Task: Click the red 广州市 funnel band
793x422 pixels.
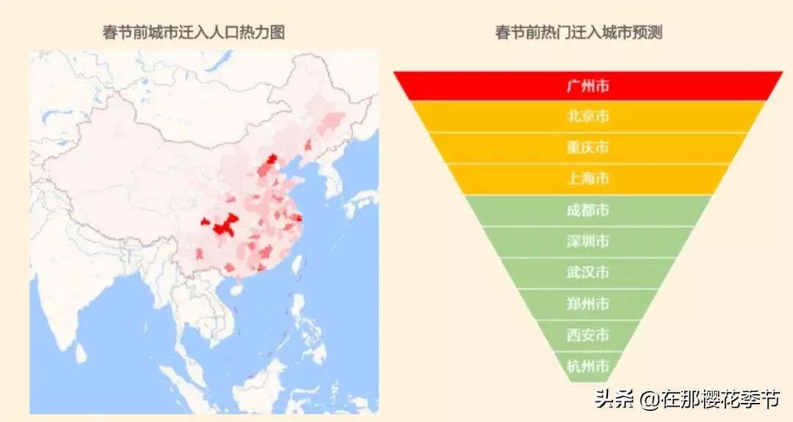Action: pos(587,86)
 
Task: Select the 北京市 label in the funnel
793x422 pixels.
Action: pos(587,117)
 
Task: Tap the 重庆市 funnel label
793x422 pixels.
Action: pos(587,148)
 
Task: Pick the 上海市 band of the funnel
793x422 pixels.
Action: pos(587,179)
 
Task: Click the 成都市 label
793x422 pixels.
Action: pos(587,211)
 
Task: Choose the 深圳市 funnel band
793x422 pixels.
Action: pos(587,241)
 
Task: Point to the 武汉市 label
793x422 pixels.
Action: pos(587,273)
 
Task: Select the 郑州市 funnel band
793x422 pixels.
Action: pos(587,304)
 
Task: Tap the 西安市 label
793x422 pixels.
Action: pos(587,335)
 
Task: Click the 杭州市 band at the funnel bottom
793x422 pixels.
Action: pos(587,365)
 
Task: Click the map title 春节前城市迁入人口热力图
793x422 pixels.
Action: pos(194,32)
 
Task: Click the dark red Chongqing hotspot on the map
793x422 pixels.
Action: pos(224,227)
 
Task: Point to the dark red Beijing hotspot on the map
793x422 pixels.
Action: pos(272,161)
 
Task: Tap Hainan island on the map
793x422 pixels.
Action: pos(236,290)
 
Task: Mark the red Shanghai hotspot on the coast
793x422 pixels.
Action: pos(299,217)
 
